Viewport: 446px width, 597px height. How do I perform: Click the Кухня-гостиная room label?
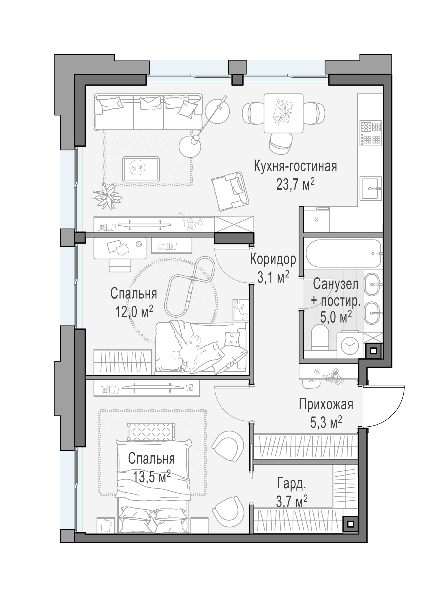295,166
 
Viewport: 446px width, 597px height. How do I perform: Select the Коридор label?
273,259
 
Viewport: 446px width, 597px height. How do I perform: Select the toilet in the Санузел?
320,337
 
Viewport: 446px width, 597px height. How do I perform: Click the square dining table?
284,113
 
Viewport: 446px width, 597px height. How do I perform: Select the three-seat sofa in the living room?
148,112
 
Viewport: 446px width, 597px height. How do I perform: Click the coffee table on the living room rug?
141,169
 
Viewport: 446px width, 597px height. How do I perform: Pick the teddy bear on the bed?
190,351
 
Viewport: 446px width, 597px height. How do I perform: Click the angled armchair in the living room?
230,191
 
